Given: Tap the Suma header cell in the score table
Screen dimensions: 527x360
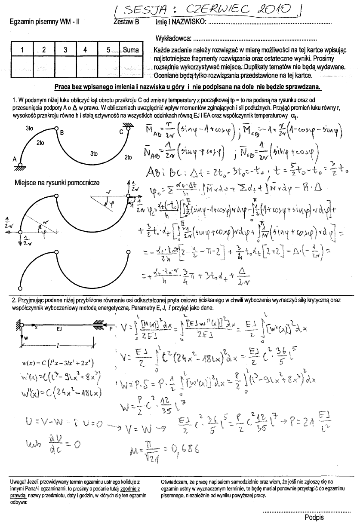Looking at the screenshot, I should (x=130, y=50).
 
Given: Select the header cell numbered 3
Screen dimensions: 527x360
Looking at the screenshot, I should (x=65, y=50).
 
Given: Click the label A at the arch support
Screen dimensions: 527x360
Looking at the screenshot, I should (x=14, y=159).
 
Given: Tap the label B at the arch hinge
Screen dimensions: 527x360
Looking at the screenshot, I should (x=62, y=133).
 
